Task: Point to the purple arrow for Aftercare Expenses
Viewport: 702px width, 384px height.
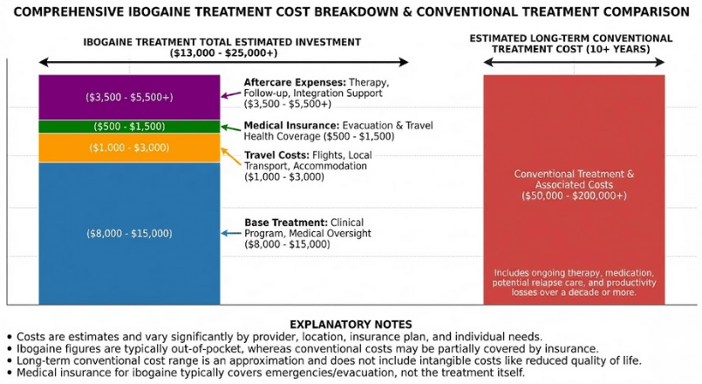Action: [x=230, y=94]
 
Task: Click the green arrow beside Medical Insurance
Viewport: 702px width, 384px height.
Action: [x=230, y=127]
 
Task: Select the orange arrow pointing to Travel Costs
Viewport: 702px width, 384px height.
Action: [x=230, y=156]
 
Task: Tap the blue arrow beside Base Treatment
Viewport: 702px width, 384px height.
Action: [x=230, y=233]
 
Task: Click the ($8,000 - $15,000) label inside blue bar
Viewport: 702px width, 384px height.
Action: [x=129, y=233]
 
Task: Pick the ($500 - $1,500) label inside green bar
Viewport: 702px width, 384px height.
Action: [x=129, y=127]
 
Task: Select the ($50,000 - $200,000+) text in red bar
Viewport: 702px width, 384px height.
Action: [x=574, y=196]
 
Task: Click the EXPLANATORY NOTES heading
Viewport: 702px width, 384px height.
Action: [x=351, y=324]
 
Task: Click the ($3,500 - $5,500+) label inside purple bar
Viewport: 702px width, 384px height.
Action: [x=129, y=97]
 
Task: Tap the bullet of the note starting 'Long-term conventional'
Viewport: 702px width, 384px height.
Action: [x=9, y=360]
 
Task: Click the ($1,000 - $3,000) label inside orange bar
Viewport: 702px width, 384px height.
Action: [x=129, y=147]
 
